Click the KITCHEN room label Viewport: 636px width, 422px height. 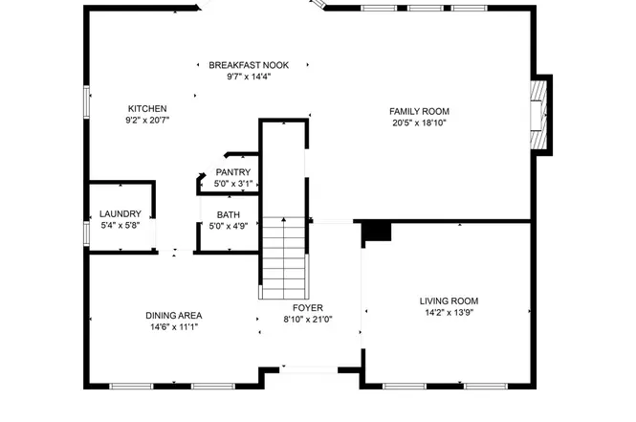(147, 109)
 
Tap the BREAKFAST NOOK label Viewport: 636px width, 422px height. (249, 65)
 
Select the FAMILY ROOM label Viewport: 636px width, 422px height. (419, 112)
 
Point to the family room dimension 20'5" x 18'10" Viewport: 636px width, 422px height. (419, 122)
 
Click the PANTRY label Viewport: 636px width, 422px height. (232, 172)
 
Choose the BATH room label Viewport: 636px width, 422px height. (228, 215)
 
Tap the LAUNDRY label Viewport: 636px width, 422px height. (121, 214)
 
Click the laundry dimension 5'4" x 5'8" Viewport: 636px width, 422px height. (121, 226)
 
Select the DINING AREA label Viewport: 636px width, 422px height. (174, 316)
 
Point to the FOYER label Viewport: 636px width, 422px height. (308, 308)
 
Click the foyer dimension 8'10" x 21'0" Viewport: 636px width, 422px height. (308, 320)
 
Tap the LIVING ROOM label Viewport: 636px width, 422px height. (449, 301)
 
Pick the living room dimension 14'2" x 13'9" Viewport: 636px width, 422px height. (449, 313)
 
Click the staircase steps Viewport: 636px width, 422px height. (283, 258)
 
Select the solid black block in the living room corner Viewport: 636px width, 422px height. (376, 233)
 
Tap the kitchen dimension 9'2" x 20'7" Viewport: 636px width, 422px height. (147, 121)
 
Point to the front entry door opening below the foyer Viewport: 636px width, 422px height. (309, 369)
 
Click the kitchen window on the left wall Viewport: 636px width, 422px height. (86, 101)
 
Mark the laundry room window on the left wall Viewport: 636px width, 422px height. (86, 233)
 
